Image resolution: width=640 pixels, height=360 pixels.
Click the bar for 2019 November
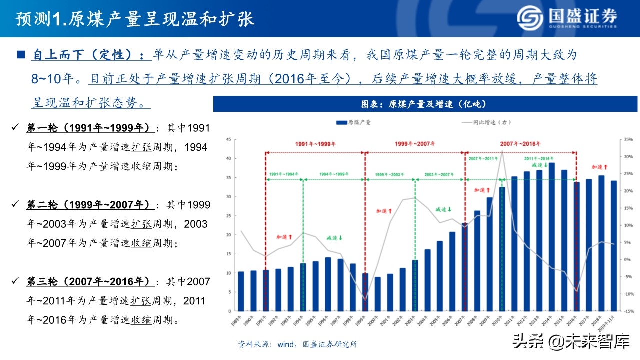pyautogui.click(x=614, y=245)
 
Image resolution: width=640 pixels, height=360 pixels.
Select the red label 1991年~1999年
pyautogui.click(x=315, y=144)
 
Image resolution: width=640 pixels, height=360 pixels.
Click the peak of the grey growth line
pyautogui.click(x=502, y=151)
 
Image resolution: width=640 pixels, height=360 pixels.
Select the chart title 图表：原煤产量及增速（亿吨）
pyautogui.click(x=425, y=104)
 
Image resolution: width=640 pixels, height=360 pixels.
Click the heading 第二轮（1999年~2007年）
pyautogui.click(x=88, y=205)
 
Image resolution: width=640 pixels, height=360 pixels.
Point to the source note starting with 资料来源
pyautogui.click(x=298, y=344)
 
